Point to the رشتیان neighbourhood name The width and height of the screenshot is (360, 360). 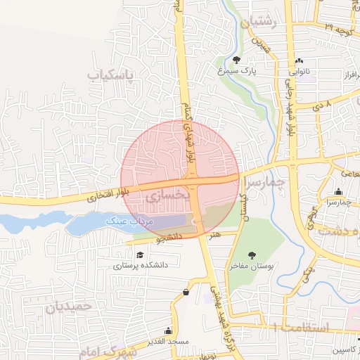(x=259, y=23)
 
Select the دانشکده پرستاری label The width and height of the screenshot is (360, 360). (x=139, y=266)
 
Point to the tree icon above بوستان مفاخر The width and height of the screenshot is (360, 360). (x=252, y=255)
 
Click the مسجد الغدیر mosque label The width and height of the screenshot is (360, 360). (x=169, y=341)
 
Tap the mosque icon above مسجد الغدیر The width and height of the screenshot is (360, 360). (x=168, y=330)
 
